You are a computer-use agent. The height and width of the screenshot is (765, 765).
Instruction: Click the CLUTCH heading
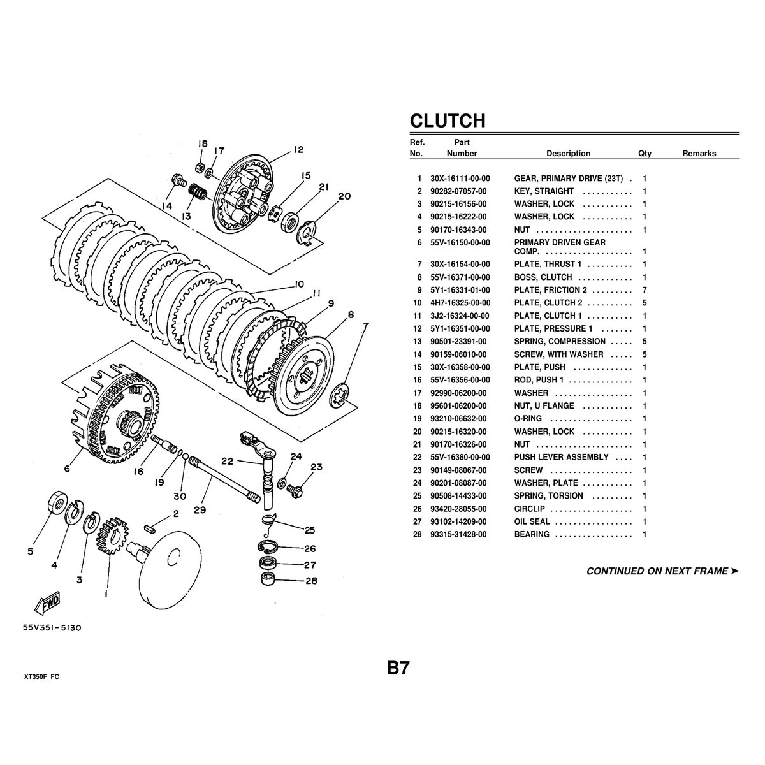click(448, 120)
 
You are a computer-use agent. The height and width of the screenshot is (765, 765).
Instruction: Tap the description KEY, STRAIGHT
click(544, 191)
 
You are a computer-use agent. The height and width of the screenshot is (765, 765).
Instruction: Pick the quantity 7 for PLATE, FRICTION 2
click(645, 290)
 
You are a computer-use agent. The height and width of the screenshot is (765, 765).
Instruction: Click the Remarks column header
click(699, 154)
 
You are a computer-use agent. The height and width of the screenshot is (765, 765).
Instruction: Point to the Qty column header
click(645, 154)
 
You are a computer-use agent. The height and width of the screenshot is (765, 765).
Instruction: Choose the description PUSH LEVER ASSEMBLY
click(561, 457)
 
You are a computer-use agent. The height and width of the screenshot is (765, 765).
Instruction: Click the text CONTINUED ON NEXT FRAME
click(657, 571)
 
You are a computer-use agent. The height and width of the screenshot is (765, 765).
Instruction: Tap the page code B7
click(398, 668)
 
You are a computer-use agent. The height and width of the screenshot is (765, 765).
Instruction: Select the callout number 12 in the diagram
click(298, 151)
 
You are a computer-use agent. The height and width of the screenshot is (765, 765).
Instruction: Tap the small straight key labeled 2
click(150, 527)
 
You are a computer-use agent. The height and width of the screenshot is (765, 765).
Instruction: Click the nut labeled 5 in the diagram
click(58, 503)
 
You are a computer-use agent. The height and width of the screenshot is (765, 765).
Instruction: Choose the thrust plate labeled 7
click(341, 399)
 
